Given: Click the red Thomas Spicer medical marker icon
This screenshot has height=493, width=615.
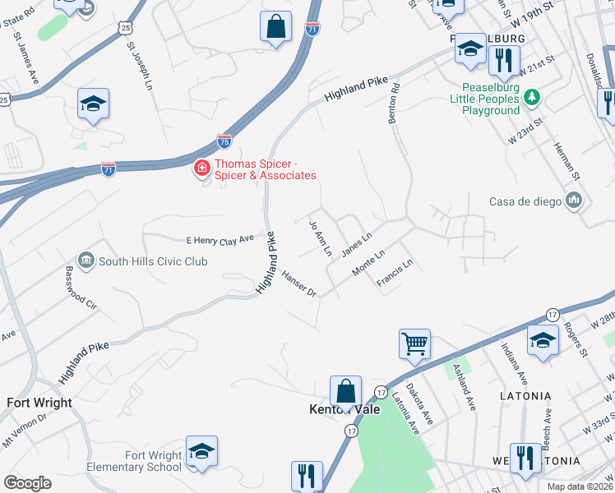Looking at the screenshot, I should point(201,168).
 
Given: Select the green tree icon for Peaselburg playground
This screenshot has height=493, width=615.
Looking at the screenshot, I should point(532,98).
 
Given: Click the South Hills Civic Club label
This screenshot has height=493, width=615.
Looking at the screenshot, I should point(153,261).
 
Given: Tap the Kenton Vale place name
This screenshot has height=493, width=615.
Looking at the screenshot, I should point(343,409).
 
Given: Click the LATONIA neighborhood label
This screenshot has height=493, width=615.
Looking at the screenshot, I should point(525,396).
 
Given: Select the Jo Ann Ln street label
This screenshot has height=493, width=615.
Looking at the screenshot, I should point(319,237).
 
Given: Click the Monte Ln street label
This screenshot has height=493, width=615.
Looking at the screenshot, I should point(368,263).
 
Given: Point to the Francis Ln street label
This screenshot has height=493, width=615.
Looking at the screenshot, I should point(395,272).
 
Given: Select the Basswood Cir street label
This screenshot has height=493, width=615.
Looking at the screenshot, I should point(81,287).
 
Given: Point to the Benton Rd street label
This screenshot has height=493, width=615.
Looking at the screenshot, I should point(395,103).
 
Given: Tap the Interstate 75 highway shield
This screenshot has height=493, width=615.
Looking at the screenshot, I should point(224,141).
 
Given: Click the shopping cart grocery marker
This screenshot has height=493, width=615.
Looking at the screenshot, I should point(414,343).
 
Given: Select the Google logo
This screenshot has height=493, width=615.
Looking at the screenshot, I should point(27,483).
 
